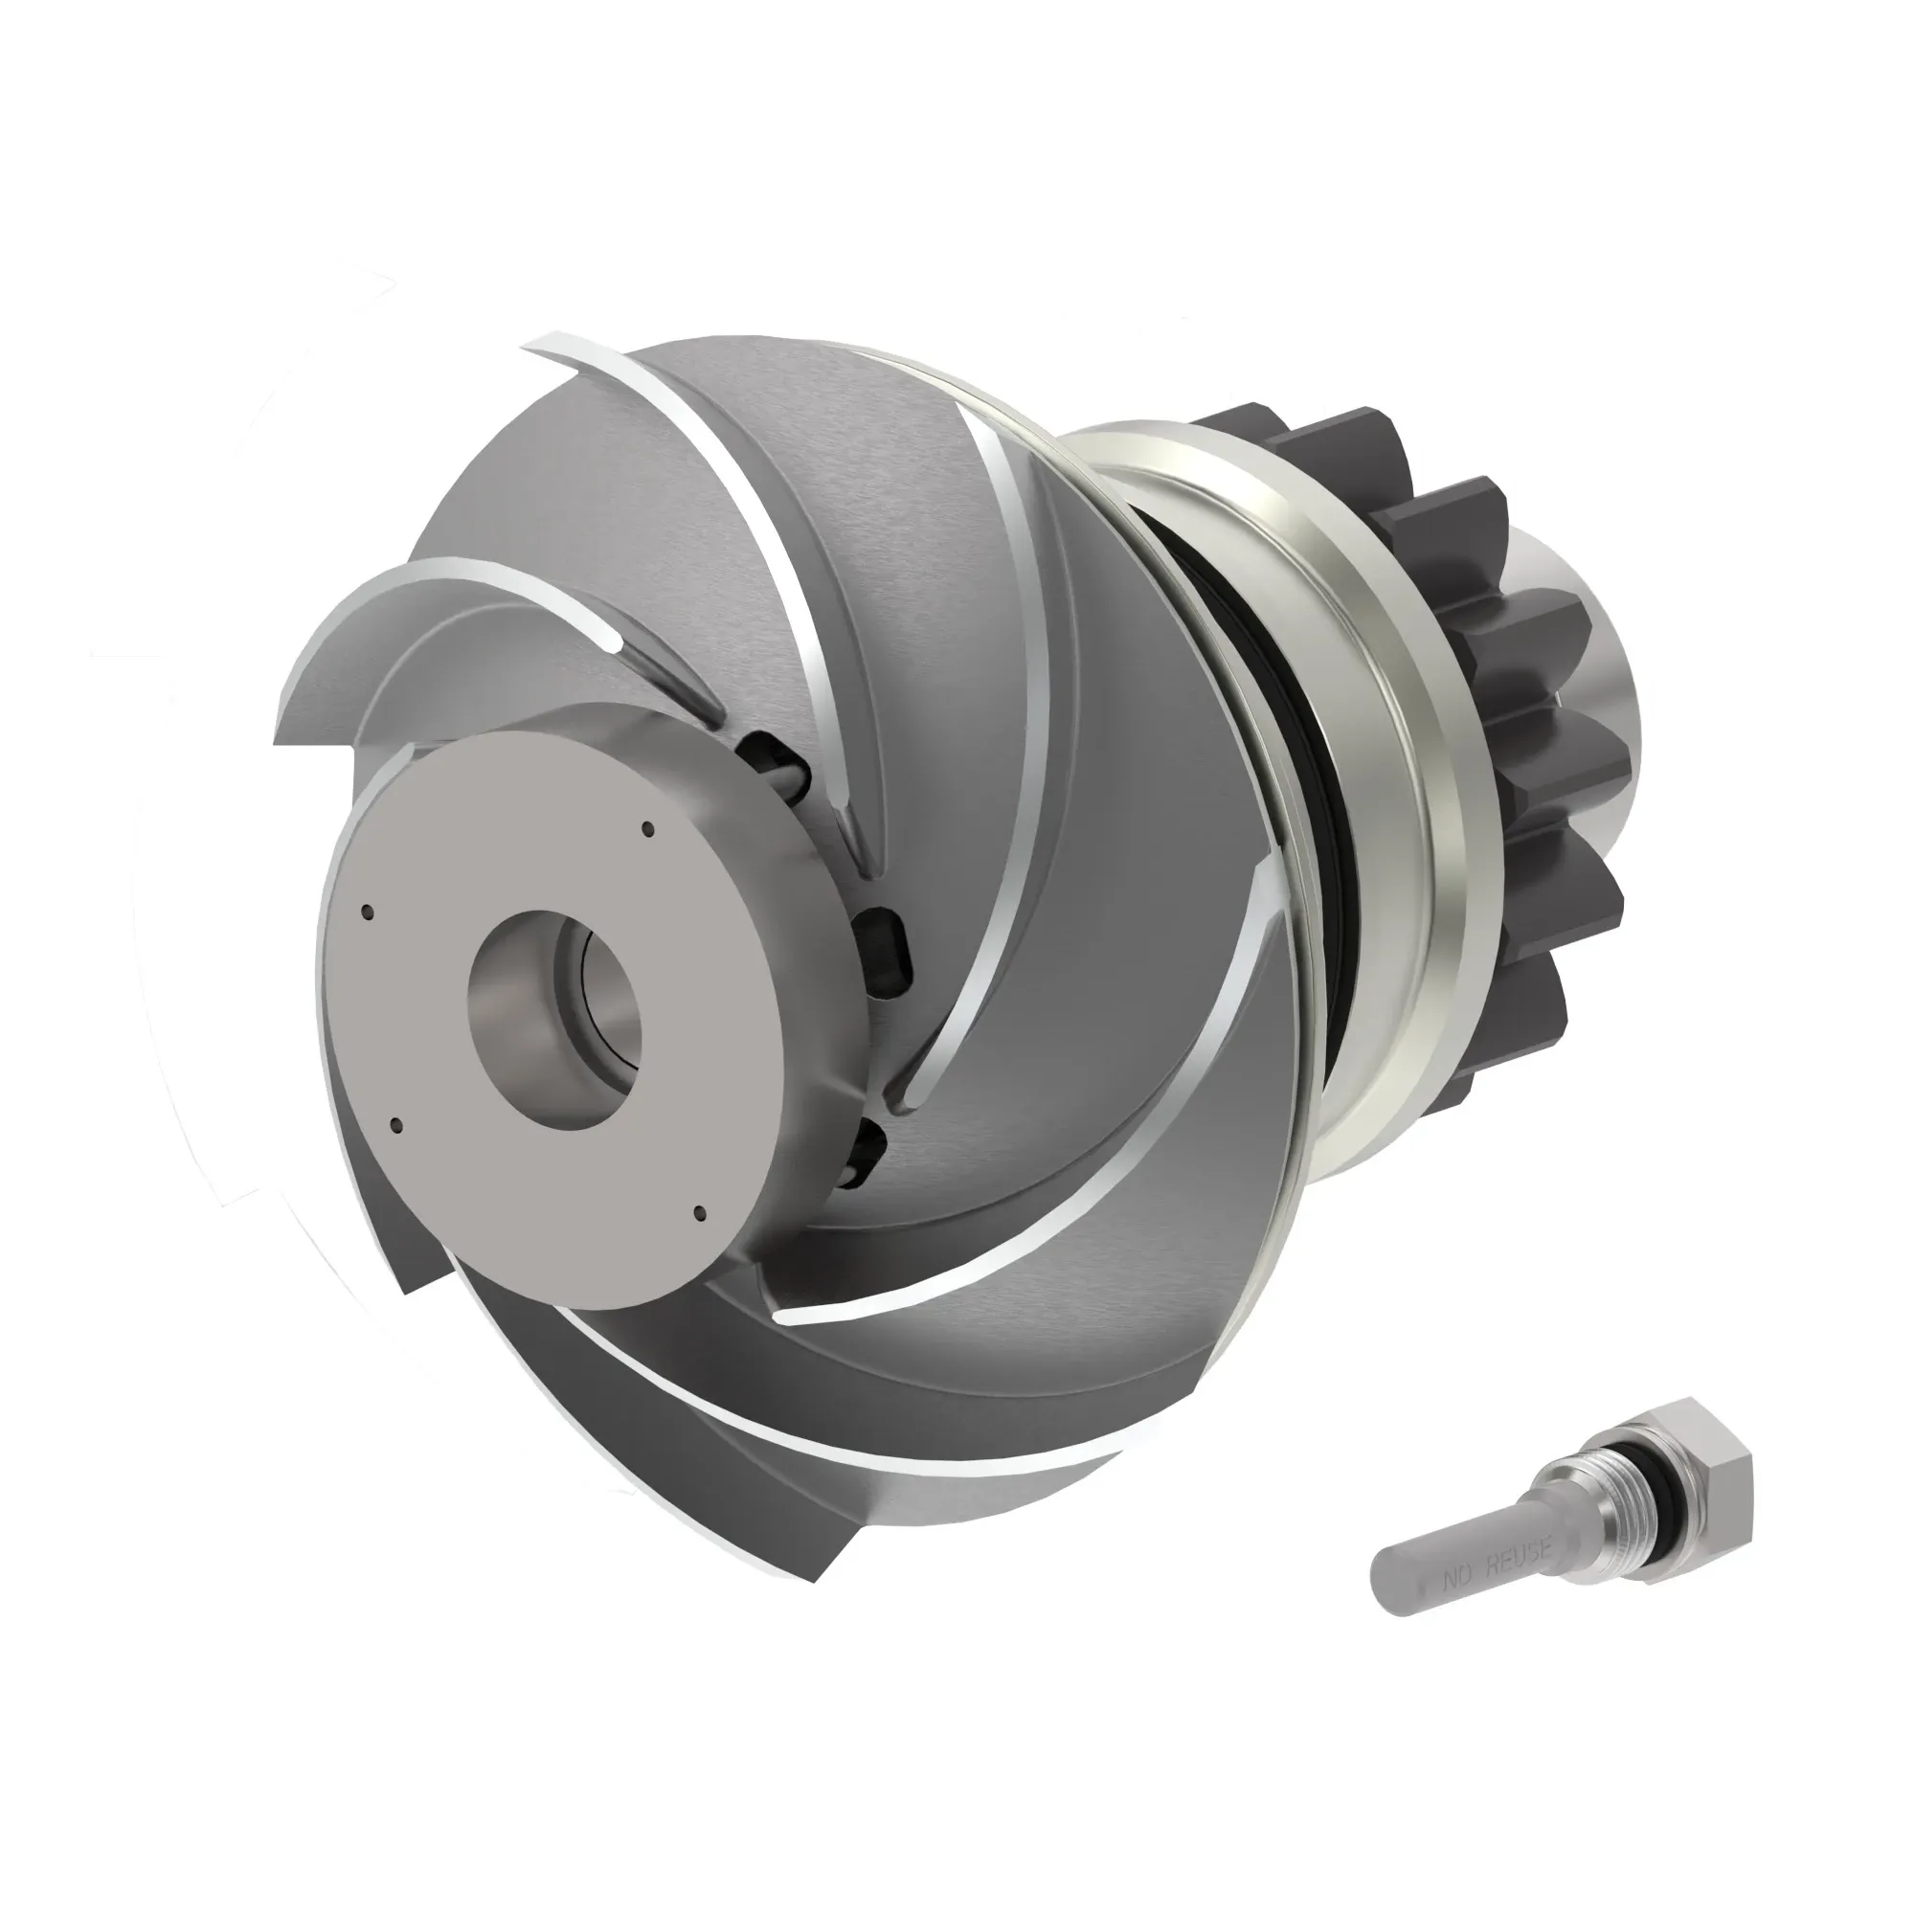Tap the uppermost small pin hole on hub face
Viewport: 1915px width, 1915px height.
(x=647, y=828)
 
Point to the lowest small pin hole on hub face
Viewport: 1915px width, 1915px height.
(x=700, y=1211)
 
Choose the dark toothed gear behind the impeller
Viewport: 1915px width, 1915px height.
(x=1467, y=754)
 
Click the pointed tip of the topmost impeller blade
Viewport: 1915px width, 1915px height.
(x=531, y=347)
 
